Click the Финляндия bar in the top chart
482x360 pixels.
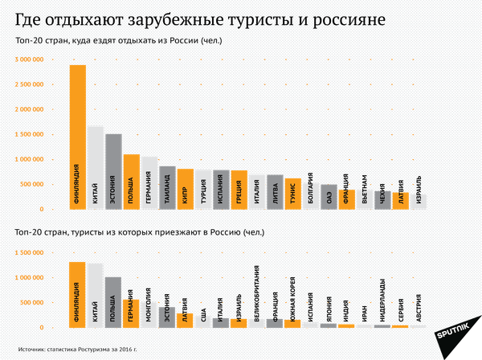77,137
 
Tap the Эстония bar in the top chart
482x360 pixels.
113,170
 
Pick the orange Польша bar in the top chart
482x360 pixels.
132,182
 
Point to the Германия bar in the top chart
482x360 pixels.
149,183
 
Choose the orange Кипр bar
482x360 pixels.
185,191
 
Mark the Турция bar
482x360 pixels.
203,191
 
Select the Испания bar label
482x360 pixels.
221,193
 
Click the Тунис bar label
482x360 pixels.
293,194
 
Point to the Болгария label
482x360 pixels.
311,196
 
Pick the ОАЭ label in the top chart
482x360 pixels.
329,198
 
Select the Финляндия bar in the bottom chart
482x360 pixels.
77,295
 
